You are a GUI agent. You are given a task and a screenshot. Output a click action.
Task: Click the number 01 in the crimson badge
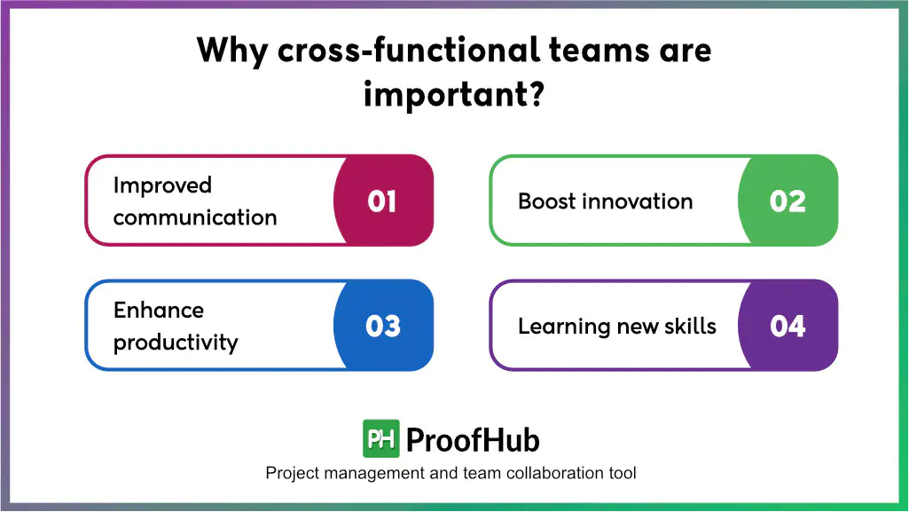[x=382, y=201]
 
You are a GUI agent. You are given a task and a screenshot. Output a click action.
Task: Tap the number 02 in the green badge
[x=787, y=201]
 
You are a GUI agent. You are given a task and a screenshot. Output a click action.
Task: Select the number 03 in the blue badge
[x=382, y=327]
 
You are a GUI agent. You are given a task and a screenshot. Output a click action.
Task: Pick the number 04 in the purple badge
[x=787, y=327]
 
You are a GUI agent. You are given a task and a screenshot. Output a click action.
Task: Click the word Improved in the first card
[x=162, y=185]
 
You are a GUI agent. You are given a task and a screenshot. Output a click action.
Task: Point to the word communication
[x=194, y=217]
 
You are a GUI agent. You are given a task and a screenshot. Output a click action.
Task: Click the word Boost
[x=547, y=201]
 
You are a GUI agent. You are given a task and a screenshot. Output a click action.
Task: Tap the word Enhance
[x=158, y=311]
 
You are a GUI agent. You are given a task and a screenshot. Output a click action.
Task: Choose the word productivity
[x=176, y=343]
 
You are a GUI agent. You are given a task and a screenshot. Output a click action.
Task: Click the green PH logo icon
[x=380, y=438]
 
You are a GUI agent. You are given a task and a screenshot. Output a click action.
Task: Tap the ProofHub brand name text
[x=473, y=439]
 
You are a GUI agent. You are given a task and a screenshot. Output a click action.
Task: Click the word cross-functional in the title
[x=408, y=50]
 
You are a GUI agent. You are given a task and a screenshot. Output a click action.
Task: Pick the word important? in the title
[x=453, y=93]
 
